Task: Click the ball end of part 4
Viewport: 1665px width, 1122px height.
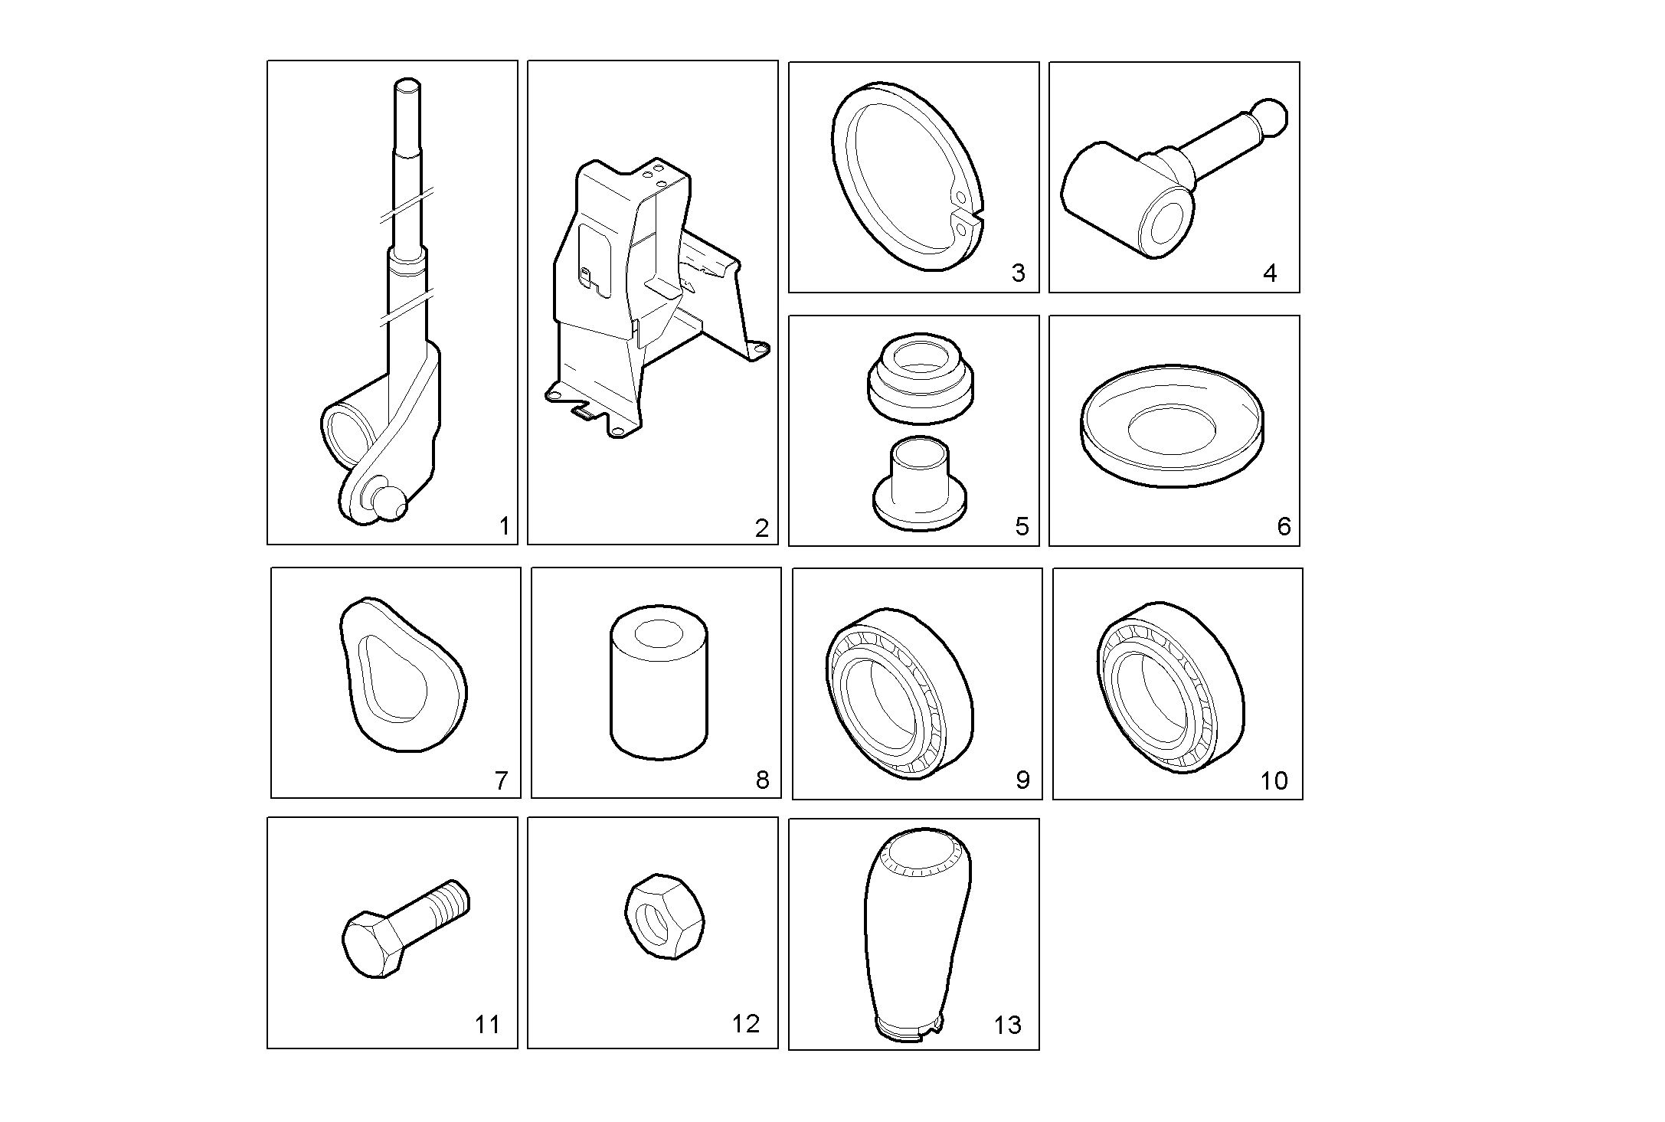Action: (x=1270, y=119)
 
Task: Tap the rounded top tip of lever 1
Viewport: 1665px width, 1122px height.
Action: (x=407, y=84)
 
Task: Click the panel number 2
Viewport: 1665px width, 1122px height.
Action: (x=761, y=528)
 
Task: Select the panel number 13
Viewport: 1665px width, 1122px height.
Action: (x=1007, y=1025)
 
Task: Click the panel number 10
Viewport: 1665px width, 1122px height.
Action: (x=1274, y=780)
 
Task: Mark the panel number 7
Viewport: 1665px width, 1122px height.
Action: (x=501, y=780)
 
